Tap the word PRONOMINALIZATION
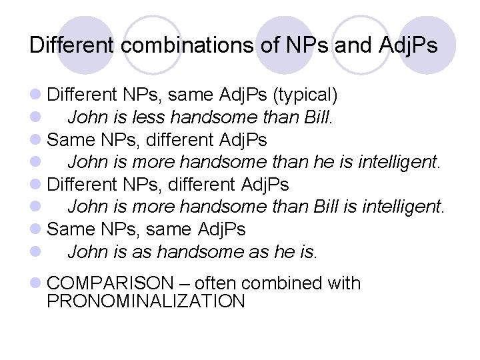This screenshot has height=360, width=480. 146,301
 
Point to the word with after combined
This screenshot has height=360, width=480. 344,283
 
